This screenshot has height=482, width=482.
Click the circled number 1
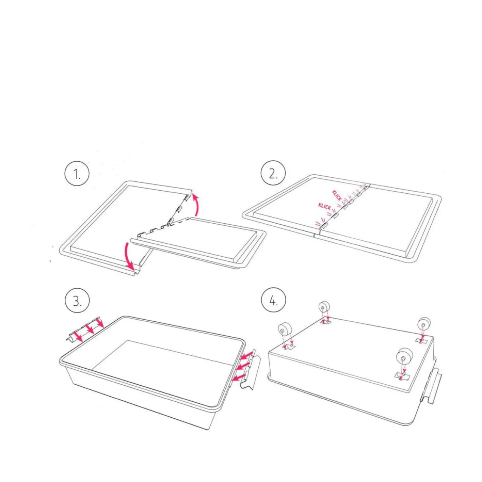click(77, 173)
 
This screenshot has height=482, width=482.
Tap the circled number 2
click(273, 173)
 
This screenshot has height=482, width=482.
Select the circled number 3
click(77, 300)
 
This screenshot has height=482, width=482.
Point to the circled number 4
click(274, 300)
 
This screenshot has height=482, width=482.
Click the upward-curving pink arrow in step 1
click(197, 204)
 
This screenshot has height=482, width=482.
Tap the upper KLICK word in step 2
click(337, 196)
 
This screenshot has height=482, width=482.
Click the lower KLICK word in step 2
click(325, 206)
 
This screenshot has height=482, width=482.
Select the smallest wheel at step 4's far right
click(424, 324)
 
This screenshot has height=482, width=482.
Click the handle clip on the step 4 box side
click(432, 385)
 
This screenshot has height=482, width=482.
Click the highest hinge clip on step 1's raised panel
click(186, 198)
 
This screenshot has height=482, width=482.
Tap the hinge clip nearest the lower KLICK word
click(335, 216)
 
